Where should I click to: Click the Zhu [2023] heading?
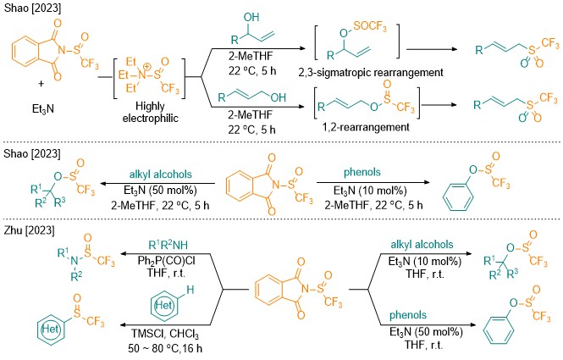tap(29, 230)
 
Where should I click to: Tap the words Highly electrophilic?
tap(150, 112)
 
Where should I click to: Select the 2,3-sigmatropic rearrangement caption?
tap(371, 73)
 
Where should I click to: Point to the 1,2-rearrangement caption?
tap(366, 127)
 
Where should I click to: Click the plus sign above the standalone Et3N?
tap(41, 83)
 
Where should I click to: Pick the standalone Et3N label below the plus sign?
tap(42, 109)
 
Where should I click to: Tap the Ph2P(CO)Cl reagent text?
tap(166, 260)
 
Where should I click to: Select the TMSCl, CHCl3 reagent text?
tap(165, 334)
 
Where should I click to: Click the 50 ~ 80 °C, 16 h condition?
tap(165, 348)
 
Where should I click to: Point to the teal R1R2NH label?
tap(168, 245)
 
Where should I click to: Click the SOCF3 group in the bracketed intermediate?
tap(370, 26)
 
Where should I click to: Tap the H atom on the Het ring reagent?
tap(190, 290)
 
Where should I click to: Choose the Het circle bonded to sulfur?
tap(51, 328)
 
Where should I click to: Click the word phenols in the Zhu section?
tap(408, 315)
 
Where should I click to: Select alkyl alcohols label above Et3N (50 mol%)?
tap(161, 174)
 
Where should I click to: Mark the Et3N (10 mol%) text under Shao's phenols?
tap(370, 191)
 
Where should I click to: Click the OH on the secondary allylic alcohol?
tap(251, 17)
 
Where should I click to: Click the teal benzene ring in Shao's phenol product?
tap(458, 197)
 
